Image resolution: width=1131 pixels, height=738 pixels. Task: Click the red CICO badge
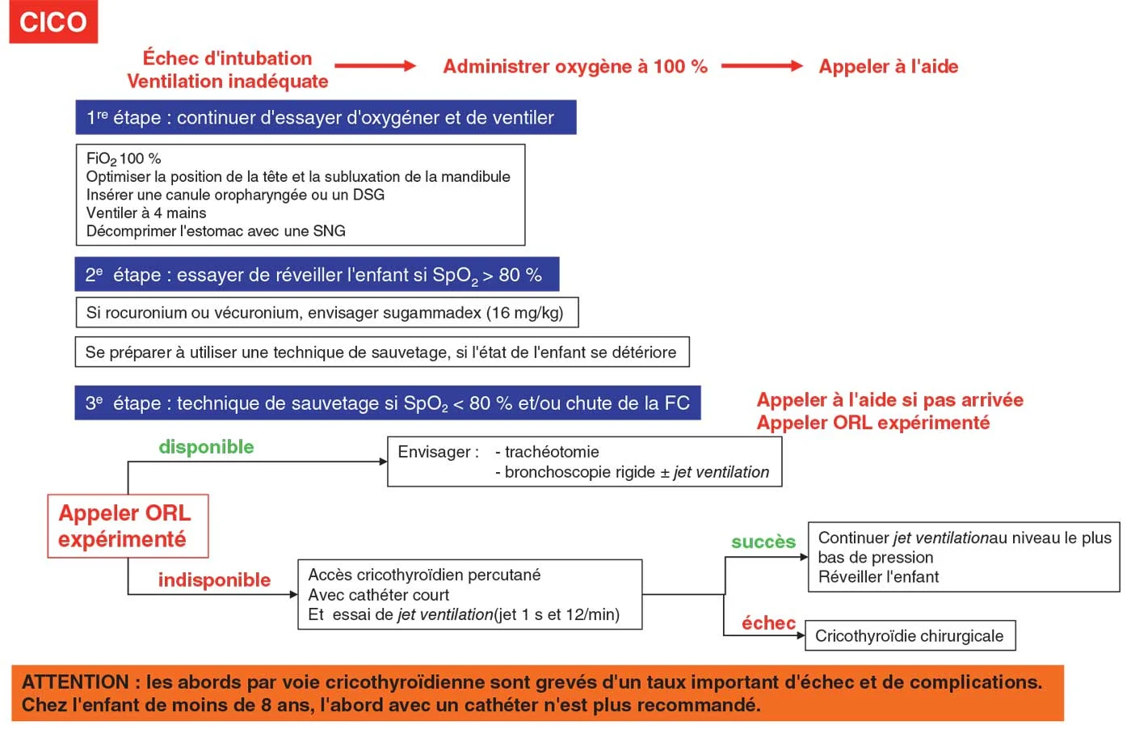[x=53, y=22]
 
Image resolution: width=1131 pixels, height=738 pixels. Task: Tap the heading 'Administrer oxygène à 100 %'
[x=574, y=67]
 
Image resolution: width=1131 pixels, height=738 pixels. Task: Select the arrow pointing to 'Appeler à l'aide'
[x=761, y=66]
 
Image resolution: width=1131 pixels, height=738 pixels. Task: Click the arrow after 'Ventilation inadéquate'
[x=375, y=66]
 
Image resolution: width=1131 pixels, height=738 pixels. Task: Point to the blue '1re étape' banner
[x=326, y=118]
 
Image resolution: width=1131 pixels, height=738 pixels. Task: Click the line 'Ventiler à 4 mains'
[x=146, y=213]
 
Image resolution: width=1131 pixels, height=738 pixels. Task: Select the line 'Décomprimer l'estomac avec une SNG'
[x=216, y=231]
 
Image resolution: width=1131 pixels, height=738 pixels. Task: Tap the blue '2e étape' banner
[x=317, y=275]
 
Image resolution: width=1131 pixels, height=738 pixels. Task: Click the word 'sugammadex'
[x=438, y=313]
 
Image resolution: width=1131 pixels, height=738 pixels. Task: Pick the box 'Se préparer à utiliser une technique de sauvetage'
[x=381, y=352]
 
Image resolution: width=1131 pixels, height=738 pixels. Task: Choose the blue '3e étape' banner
[x=388, y=403]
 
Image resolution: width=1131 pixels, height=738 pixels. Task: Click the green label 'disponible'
[x=206, y=447]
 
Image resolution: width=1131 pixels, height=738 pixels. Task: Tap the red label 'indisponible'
[x=214, y=580]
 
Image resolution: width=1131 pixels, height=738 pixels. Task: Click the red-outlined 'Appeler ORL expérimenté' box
[x=128, y=526]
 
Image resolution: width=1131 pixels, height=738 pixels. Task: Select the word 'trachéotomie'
[x=552, y=452]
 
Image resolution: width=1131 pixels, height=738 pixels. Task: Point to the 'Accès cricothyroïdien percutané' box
[x=470, y=595]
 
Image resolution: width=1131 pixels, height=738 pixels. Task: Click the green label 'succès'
[x=763, y=542]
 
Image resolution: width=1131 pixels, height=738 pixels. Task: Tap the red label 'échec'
[x=768, y=623]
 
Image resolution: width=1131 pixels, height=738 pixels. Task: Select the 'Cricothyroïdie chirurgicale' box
[x=910, y=636]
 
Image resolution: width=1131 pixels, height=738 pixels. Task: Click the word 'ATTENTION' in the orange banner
[x=76, y=682]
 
